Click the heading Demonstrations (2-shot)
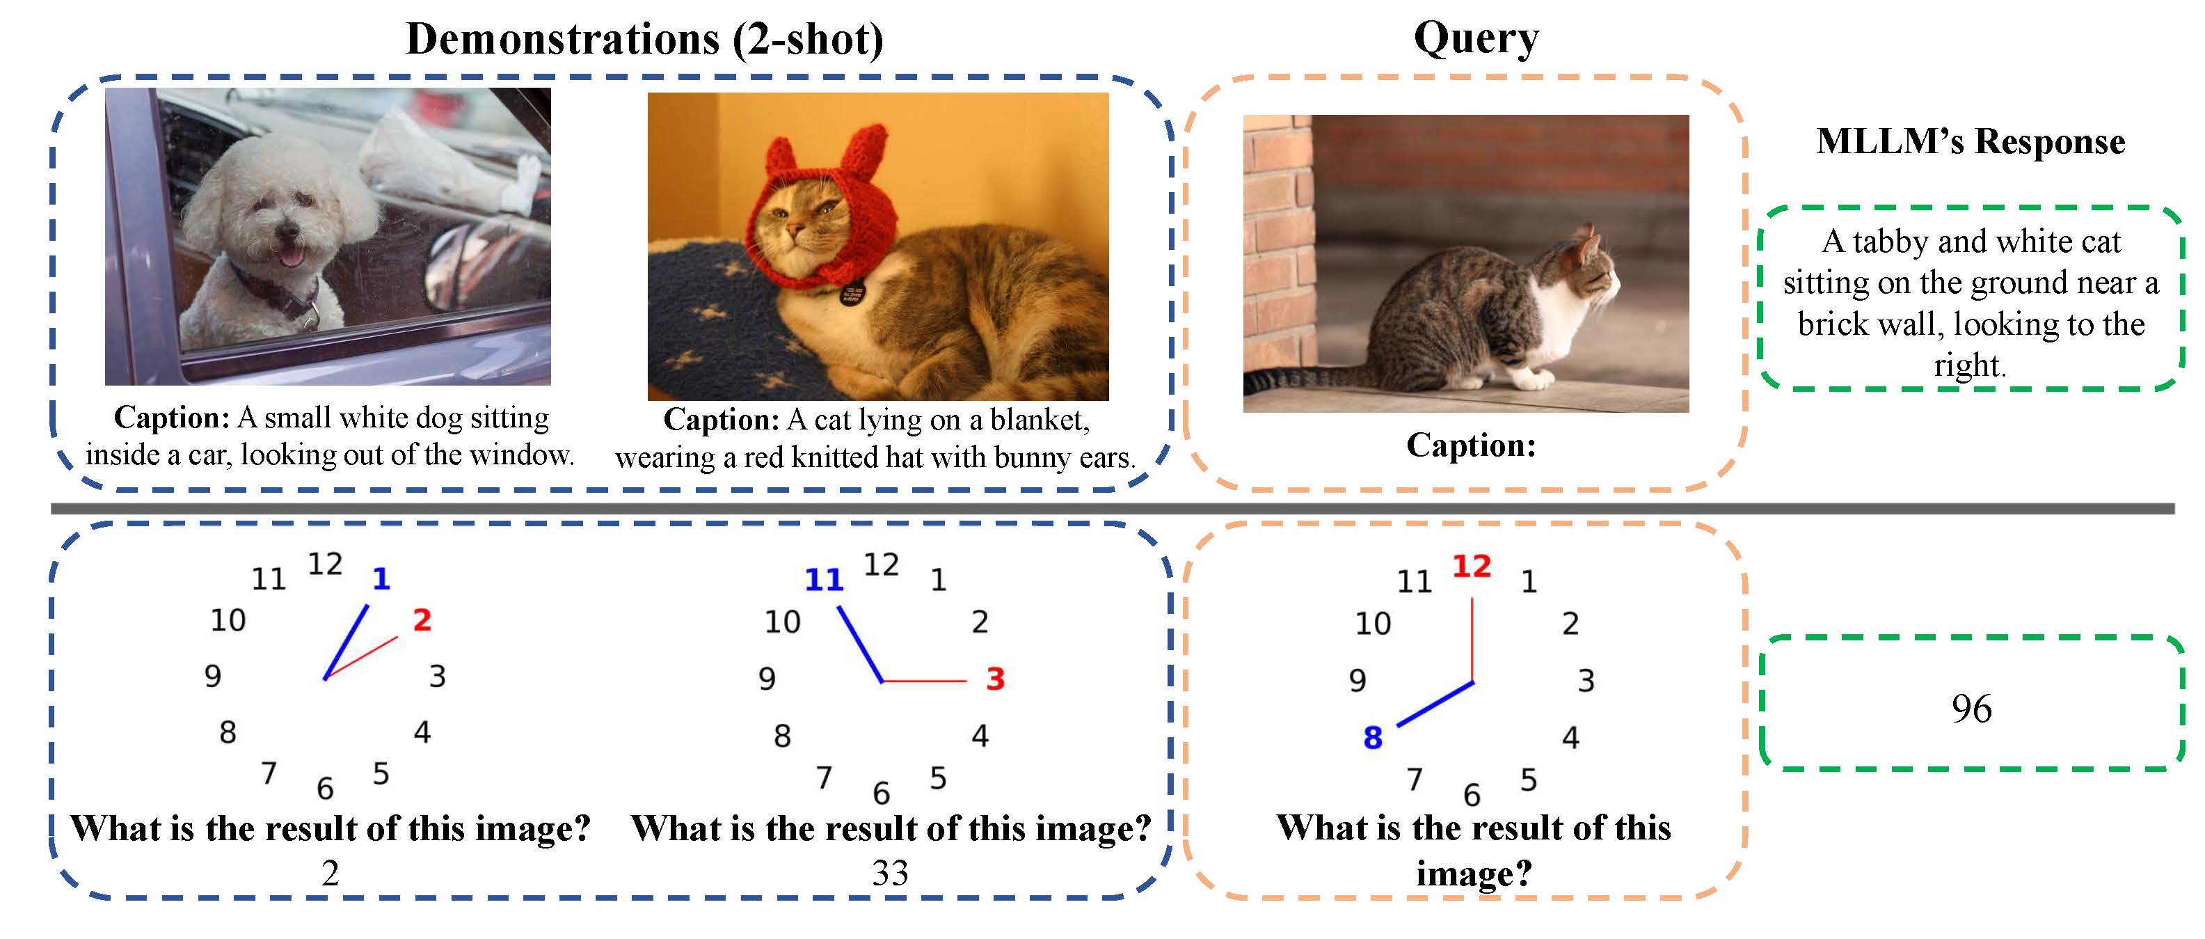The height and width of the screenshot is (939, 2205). point(644,40)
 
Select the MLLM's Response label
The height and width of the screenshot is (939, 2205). point(1971,141)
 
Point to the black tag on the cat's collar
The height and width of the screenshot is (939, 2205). point(852,294)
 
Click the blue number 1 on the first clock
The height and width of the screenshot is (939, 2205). point(381,580)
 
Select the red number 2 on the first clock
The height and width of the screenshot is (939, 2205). point(422,621)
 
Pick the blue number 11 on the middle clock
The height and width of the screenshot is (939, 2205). point(825,581)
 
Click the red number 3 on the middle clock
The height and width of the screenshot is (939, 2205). point(994,679)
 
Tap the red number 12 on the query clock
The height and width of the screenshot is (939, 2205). point(1472,566)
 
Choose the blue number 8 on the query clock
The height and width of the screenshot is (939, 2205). point(1373,738)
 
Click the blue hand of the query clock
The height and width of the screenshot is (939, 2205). point(1435,704)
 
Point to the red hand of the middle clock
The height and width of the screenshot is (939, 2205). point(925,681)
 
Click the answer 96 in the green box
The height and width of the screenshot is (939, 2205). point(1971,708)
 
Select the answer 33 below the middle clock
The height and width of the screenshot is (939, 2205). point(890,873)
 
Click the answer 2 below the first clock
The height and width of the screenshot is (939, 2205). point(331,873)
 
